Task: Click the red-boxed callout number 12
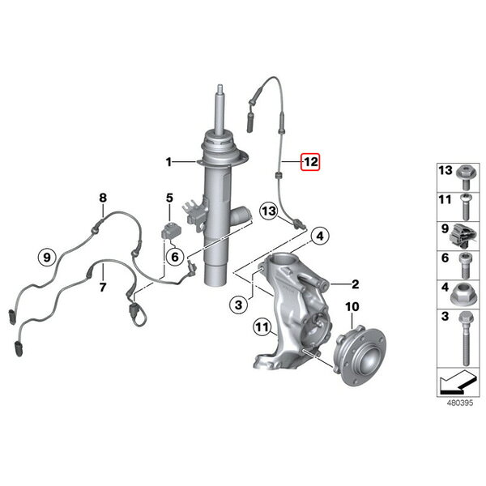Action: click(310, 162)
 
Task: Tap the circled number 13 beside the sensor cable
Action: click(269, 211)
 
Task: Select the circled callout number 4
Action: click(320, 237)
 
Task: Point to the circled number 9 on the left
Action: click(47, 258)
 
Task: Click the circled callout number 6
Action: click(175, 257)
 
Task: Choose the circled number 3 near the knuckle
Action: click(238, 305)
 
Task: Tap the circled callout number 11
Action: click(262, 326)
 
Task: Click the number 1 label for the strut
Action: click(168, 162)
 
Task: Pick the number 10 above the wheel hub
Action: click(352, 307)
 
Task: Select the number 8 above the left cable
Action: click(103, 198)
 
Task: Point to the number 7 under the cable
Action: click(103, 287)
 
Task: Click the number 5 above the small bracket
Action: click(169, 198)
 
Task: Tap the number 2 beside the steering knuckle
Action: click(356, 284)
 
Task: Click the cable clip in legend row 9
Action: click(463, 236)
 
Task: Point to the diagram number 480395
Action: click(459, 403)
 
